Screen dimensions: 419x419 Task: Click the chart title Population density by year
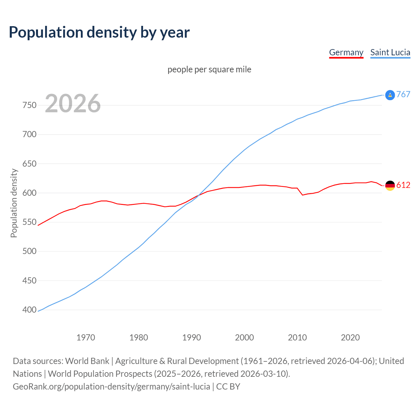99,32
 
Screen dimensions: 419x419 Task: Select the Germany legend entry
346,52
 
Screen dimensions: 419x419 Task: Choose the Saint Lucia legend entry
390,52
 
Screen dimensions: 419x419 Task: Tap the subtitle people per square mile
209,69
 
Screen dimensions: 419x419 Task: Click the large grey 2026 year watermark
73,103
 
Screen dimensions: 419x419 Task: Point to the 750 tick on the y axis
29,105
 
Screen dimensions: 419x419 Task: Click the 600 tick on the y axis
29,193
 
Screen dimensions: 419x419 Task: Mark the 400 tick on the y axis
29,310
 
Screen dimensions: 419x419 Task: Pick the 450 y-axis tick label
29,281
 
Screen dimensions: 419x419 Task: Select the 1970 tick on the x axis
86,337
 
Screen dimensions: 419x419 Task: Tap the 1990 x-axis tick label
191,337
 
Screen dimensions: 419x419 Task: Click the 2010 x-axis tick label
297,337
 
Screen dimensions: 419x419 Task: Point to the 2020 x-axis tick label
350,337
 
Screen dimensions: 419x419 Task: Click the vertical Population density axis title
14,203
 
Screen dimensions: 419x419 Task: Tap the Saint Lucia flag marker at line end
390,95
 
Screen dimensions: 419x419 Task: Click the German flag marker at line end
390,186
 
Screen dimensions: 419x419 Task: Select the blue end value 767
403,94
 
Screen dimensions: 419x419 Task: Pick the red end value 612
403,185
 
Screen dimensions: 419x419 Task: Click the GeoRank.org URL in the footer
111,386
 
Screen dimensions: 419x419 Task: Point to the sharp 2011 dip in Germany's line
302,195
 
